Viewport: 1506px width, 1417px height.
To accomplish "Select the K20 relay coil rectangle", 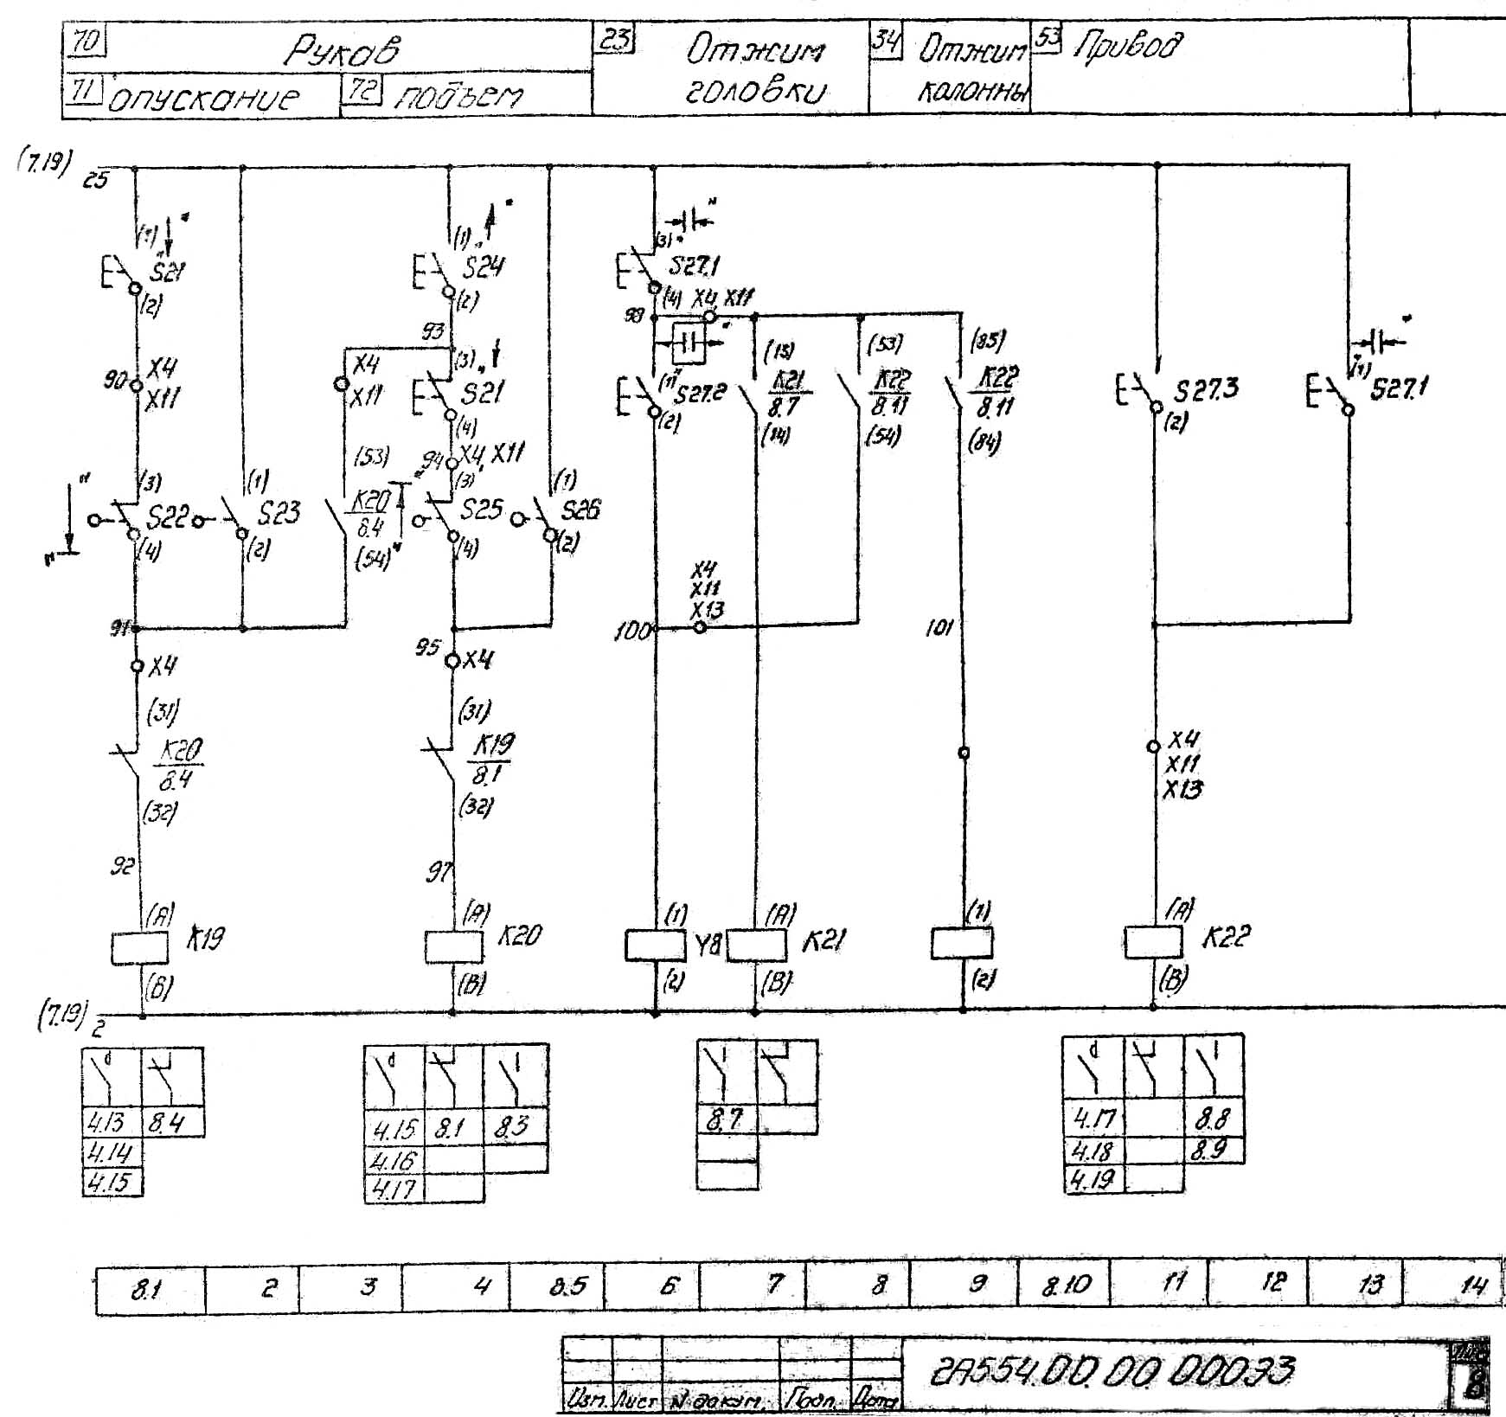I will [x=453, y=946].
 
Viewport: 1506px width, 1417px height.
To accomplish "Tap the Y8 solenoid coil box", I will [x=655, y=945].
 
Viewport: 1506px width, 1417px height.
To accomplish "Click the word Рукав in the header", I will [x=343, y=52].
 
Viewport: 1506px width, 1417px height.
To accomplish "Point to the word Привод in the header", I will [x=1126, y=45].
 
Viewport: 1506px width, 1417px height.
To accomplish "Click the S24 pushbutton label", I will [x=483, y=267].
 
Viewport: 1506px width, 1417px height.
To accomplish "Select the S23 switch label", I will [x=279, y=513].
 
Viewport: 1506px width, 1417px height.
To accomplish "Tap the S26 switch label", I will [x=580, y=510].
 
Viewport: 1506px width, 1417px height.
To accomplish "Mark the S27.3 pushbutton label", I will [x=1205, y=390].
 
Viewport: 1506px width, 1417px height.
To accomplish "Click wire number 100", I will [x=631, y=632].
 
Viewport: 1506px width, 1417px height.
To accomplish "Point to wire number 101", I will [x=939, y=628].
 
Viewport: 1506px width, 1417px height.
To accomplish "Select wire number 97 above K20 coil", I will [x=439, y=874].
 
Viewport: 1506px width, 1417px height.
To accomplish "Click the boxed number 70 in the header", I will [x=86, y=42].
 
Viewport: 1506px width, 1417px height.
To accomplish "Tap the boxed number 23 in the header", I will [x=614, y=39].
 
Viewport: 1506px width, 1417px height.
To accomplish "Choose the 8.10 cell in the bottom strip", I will [x=1066, y=1286].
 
